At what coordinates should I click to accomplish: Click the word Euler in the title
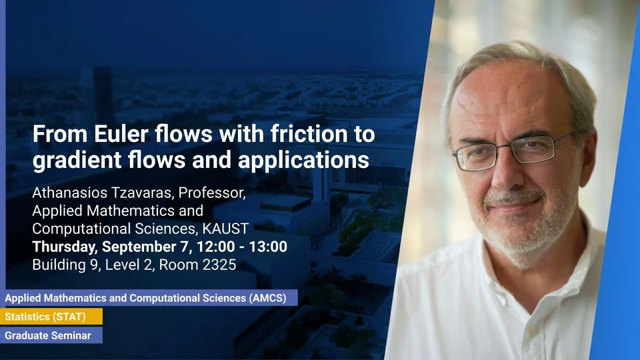click(x=121, y=133)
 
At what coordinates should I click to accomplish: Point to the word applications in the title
click(x=303, y=159)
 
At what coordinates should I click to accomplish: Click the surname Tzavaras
click(x=139, y=193)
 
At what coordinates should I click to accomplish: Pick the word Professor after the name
click(x=212, y=193)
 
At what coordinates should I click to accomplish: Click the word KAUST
click(x=225, y=229)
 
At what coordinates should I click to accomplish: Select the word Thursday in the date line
click(x=64, y=247)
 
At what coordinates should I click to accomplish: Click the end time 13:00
click(x=268, y=247)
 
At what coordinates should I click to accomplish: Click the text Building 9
click(x=65, y=265)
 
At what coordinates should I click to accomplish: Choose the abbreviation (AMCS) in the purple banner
click(x=268, y=298)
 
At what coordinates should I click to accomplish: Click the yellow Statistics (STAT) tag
click(x=51, y=317)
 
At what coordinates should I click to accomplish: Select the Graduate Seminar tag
click(x=51, y=335)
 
